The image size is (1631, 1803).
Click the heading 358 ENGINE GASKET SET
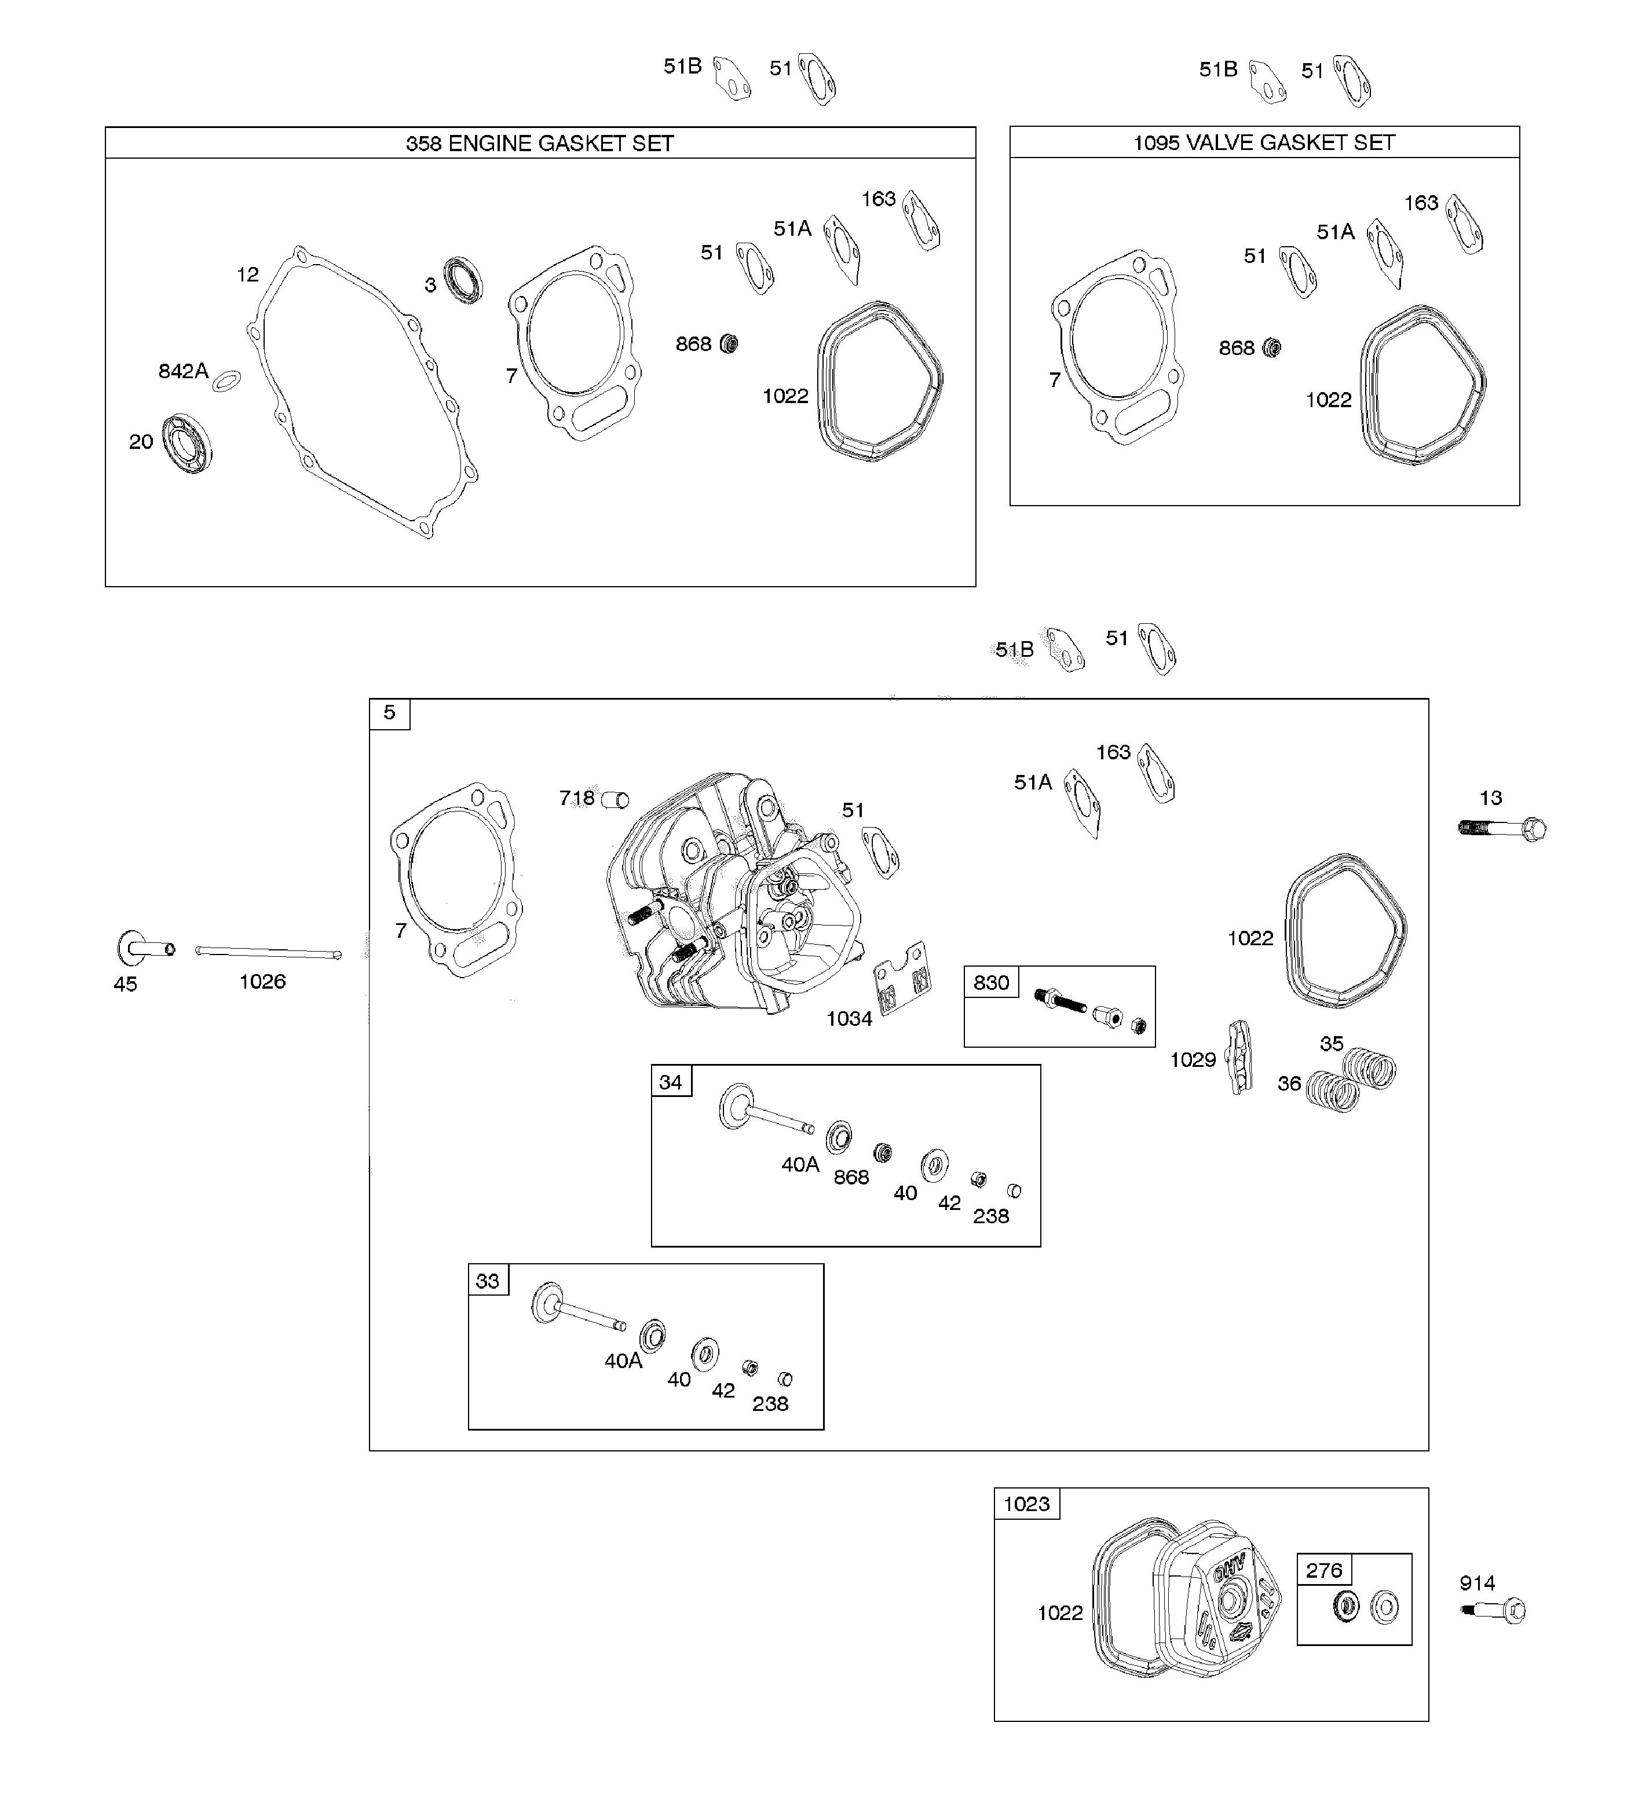pyautogui.click(x=539, y=143)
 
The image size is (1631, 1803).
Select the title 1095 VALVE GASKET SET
pyautogui.click(x=1263, y=142)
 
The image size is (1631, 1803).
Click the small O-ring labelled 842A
pyautogui.click(x=227, y=380)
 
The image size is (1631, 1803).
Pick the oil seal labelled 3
pyautogui.click(x=464, y=280)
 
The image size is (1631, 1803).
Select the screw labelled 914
pyautogui.click(x=1494, y=1611)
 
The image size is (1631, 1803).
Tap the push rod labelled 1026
pyautogui.click(x=268, y=953)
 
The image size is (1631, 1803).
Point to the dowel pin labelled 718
pyautogui.click(x=615, y=799)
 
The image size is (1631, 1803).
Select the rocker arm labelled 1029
pyautogui.click(x=1239, y=1057)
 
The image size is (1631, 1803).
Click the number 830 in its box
pyautogui.click(x=991, y=983)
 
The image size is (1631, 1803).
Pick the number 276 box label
pyautogui.click(x=1323, y=1571)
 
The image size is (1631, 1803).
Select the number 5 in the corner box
pyautogui.click(x=389, y=713)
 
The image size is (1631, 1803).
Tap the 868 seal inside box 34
pyautogui.click(x=883, y=1153)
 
